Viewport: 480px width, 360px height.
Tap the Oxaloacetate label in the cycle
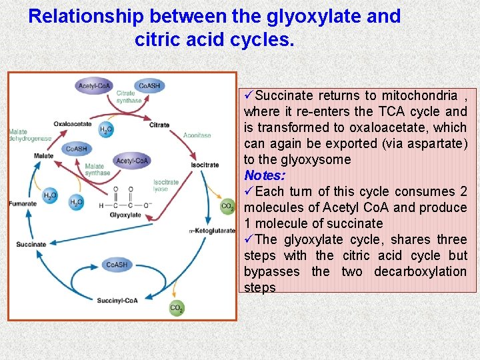(73, 124)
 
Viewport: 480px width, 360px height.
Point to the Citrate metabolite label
(159, 125)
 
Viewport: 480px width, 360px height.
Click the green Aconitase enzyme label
(197, 135)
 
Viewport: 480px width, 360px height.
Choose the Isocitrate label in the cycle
(205, 165)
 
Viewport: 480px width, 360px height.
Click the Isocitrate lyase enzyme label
(166, 185)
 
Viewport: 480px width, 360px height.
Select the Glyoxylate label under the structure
(125, 215)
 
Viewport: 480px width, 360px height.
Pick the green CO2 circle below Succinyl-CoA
(177, 308)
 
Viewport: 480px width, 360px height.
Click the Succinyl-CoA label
(117, 301)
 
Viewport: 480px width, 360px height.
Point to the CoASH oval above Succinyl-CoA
(117, 265)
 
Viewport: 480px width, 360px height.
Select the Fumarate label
(23, 203)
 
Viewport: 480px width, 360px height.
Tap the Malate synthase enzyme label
(97, 169)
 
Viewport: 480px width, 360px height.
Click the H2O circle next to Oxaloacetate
(105, 129)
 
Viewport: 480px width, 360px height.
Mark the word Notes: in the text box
(265, 176)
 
